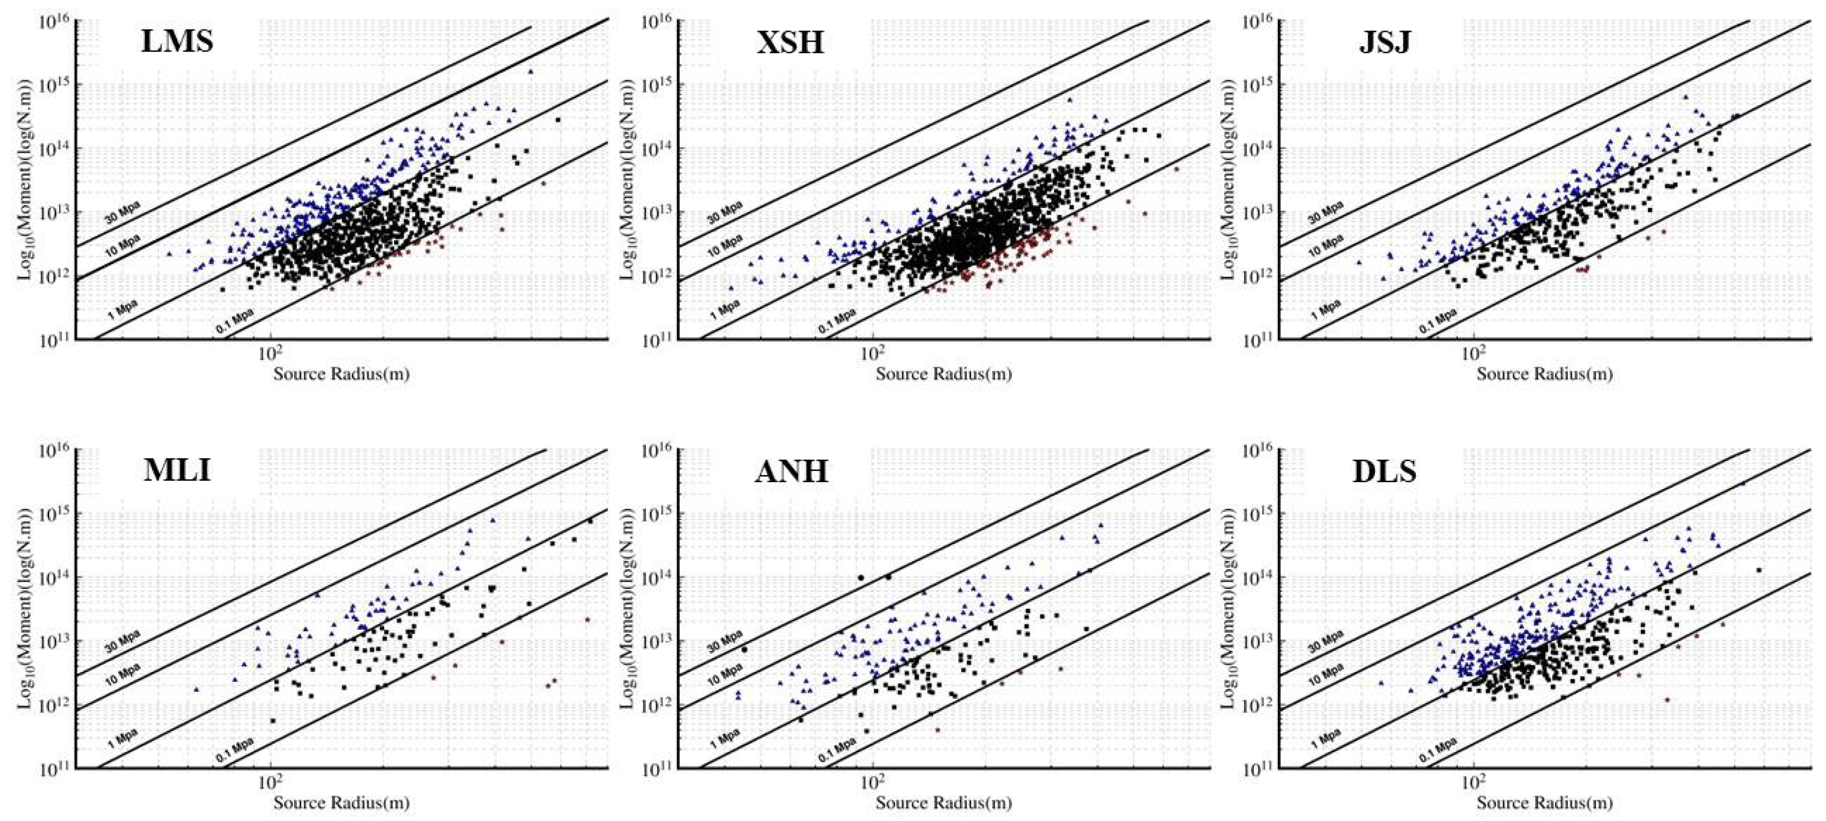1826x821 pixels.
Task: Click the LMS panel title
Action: [177, 41]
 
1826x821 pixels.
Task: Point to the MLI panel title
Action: [177, 470]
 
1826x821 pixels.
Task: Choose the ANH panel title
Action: [791, 471]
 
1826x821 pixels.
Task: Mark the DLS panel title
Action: [1384, 471]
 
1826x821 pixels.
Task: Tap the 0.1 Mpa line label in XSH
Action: [836, 321]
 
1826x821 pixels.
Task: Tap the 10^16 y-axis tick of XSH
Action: [658, 21]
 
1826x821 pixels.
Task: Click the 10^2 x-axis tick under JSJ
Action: [1472, 352]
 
